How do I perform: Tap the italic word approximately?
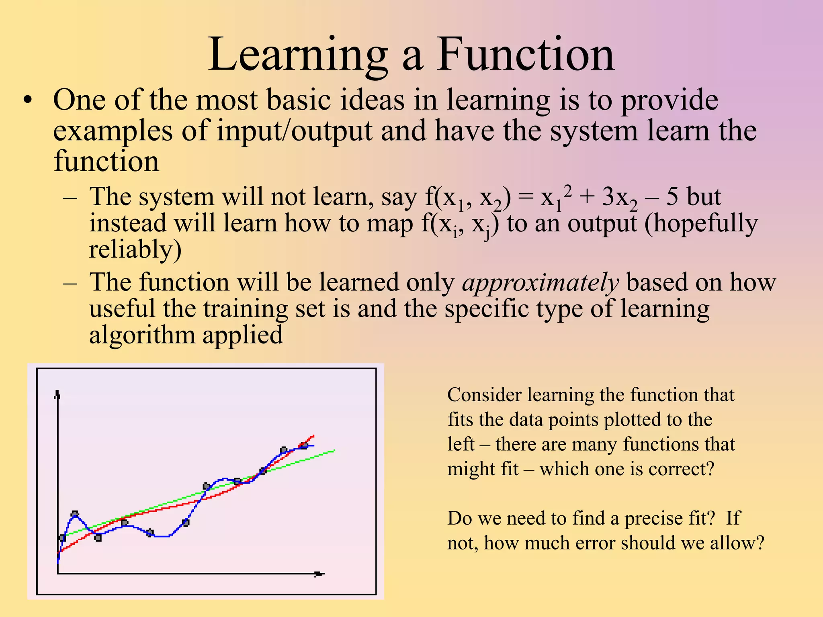(540, 282)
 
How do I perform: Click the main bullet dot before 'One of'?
(27, 100)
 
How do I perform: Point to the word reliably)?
(135, 249)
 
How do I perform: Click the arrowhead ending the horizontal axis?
(320, 574)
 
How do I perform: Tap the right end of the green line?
(334, 450)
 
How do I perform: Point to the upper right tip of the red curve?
(313, 435)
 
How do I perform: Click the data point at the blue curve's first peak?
(75, 514)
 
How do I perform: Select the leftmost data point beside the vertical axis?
(62, 537)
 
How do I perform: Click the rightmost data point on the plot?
(304, 445)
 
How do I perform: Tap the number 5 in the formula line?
(672, 197)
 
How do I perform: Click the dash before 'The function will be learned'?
(70, 282)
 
